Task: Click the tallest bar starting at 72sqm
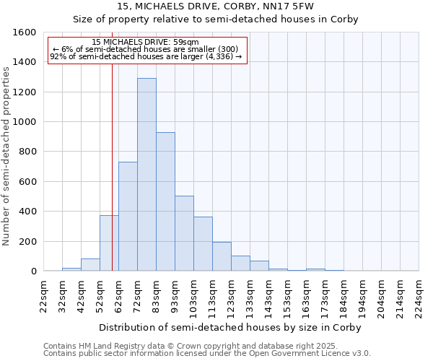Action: pyautogui.click(x=146, y=175)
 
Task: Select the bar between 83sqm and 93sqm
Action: pyautogui.click(x=165, y=201)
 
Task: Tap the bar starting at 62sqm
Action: pyautogui.click(x=128, y=217)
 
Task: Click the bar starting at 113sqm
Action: pyautogui.click(x=222, y=256)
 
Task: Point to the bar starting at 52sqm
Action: pyautogui.click(x=109, y=243)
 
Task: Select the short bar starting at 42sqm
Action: pyautogui.click(x=90, y=265)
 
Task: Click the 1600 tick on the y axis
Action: pyautogui.click(x=25, y=32)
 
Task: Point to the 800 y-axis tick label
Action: pyautogui.click(x=27, y=152)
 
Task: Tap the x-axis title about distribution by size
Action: pyautogui.click(x=230, y=327)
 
